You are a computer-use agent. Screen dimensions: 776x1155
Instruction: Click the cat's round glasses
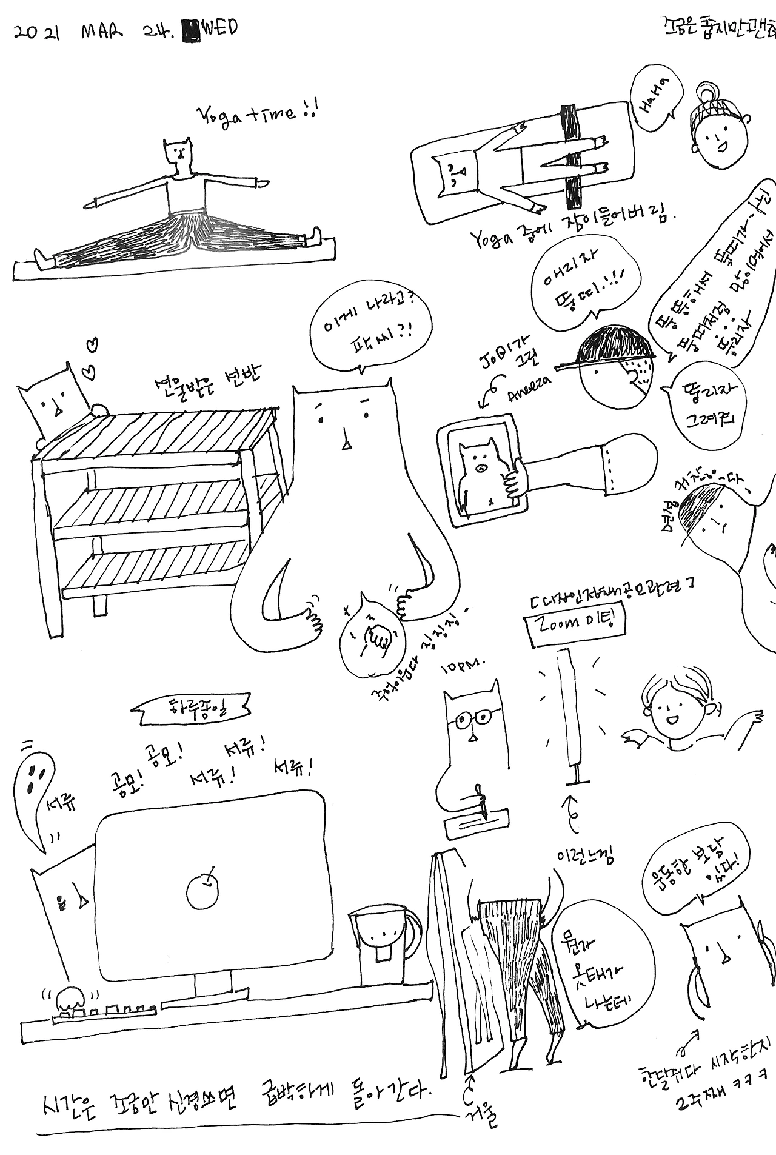point(474,719)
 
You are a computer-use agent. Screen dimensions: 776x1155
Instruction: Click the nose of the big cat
point(346,446)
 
